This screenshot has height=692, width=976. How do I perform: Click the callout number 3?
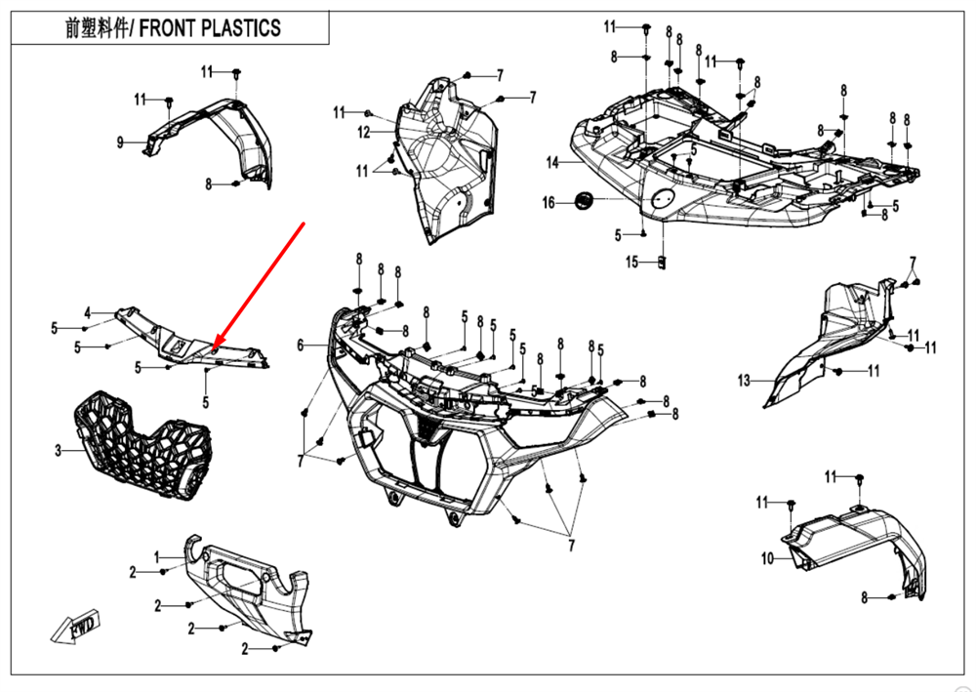tap(58, 450)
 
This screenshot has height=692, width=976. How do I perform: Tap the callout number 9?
tap(119, 142)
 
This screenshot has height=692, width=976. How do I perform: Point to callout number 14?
tap(551, 162)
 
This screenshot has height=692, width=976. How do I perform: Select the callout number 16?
tap(549, 202)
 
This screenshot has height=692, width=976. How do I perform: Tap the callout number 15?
tap(631, 262)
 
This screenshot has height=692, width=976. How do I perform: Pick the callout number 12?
tap(363, 132)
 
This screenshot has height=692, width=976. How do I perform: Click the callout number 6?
tap(301, 345)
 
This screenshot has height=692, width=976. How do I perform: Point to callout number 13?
tap(744, 381)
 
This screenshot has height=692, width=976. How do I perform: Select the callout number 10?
tap(767, 558)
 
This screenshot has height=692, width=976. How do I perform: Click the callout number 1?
tap(157, 556)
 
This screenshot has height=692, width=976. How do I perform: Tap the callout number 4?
tap(87, 313)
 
